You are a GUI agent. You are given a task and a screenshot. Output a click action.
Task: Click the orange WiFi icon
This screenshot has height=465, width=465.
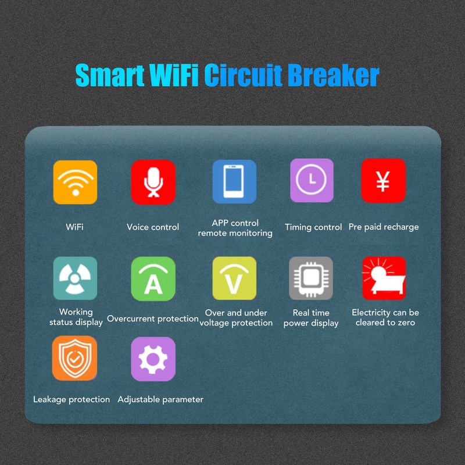75,183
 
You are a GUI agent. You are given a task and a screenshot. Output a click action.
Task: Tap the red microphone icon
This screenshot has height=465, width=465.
153,182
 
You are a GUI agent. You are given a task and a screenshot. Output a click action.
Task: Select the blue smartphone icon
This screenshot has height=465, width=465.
234,181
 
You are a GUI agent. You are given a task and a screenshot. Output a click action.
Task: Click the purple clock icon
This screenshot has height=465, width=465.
312,181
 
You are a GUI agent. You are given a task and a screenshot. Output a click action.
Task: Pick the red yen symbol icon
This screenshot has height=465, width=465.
383,181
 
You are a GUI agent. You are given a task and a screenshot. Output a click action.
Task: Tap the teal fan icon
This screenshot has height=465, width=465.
75,278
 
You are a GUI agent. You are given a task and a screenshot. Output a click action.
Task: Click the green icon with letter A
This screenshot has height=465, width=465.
153,278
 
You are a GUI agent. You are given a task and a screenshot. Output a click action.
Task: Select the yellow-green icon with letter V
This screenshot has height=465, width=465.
234,278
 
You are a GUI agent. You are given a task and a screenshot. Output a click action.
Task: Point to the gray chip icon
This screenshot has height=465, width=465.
311,278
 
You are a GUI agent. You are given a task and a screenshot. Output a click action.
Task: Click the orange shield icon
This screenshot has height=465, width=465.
74,358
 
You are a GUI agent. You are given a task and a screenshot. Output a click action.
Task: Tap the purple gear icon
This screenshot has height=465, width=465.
153,359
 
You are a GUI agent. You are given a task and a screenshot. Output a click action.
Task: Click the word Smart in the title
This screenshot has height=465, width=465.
110,76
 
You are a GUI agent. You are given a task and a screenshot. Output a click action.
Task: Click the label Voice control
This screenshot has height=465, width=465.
153,227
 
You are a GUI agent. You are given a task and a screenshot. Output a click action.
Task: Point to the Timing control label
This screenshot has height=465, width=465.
313,227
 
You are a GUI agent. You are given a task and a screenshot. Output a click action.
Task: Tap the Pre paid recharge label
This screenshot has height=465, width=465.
384,227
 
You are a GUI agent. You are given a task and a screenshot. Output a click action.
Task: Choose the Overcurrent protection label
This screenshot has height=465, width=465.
153,319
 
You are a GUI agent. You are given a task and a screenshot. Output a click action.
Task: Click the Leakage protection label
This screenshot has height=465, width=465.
71,399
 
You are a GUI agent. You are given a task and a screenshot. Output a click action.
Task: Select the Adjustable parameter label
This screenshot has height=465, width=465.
160,399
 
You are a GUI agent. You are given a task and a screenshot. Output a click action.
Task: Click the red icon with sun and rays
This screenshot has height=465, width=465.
384,278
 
